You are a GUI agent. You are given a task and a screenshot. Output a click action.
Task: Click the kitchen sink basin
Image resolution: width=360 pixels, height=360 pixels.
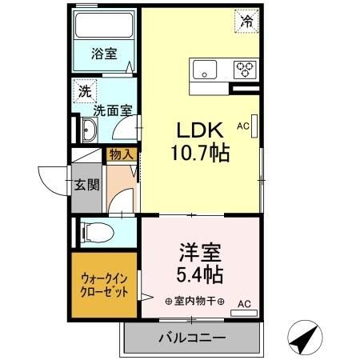(206, 71)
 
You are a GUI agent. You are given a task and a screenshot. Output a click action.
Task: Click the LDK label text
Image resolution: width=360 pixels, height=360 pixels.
(199, 130)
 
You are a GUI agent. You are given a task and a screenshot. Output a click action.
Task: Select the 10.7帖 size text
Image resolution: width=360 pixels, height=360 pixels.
(199, 152)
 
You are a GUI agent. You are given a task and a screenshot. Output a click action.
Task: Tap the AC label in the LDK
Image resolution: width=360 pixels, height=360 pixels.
(242, 125)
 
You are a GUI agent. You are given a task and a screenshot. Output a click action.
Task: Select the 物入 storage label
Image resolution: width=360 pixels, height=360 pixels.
(122, 154)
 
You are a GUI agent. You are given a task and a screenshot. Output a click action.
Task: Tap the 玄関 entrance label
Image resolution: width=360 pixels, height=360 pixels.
(87, 186)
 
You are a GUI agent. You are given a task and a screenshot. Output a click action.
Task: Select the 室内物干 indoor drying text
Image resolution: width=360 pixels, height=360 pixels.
(195, 302)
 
